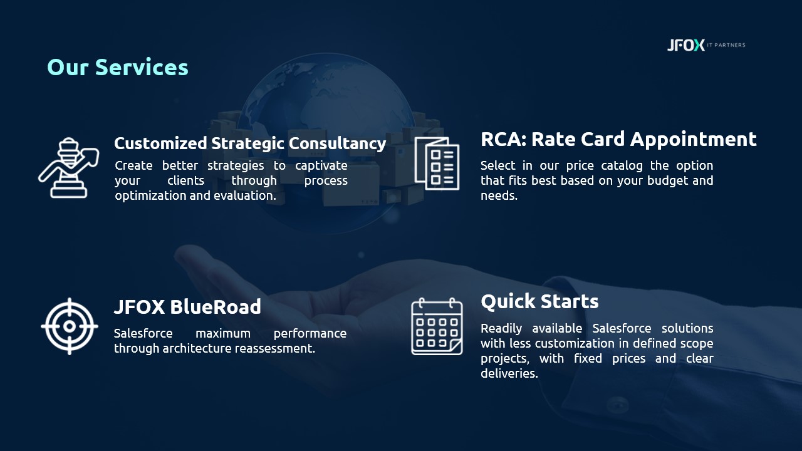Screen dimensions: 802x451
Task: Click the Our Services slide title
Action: [117, 67]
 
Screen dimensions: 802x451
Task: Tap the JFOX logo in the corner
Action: [685, 45]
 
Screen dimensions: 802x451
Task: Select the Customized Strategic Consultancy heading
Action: [250, 143]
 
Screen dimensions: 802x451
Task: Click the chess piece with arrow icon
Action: [69, 167]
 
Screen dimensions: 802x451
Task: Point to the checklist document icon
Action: [437, 163]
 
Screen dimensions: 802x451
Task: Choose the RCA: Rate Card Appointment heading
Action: [618, 139]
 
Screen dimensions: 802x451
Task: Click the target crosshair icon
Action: [70, 326]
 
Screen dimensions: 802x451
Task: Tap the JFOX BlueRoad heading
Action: [187, 307]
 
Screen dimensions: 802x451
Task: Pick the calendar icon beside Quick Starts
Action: [437, 326]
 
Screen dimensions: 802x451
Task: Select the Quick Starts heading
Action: [539, 302]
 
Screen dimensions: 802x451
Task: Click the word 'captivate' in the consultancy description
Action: [321, 166]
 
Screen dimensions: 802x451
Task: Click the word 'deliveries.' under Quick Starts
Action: [509, 373]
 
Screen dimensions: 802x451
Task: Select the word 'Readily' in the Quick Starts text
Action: [501, 329]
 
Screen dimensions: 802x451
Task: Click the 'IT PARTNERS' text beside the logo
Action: [726, 45]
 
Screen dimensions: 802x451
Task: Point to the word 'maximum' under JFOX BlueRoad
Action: [223, 334]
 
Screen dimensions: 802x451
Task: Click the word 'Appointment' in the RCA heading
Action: [694, 140]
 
